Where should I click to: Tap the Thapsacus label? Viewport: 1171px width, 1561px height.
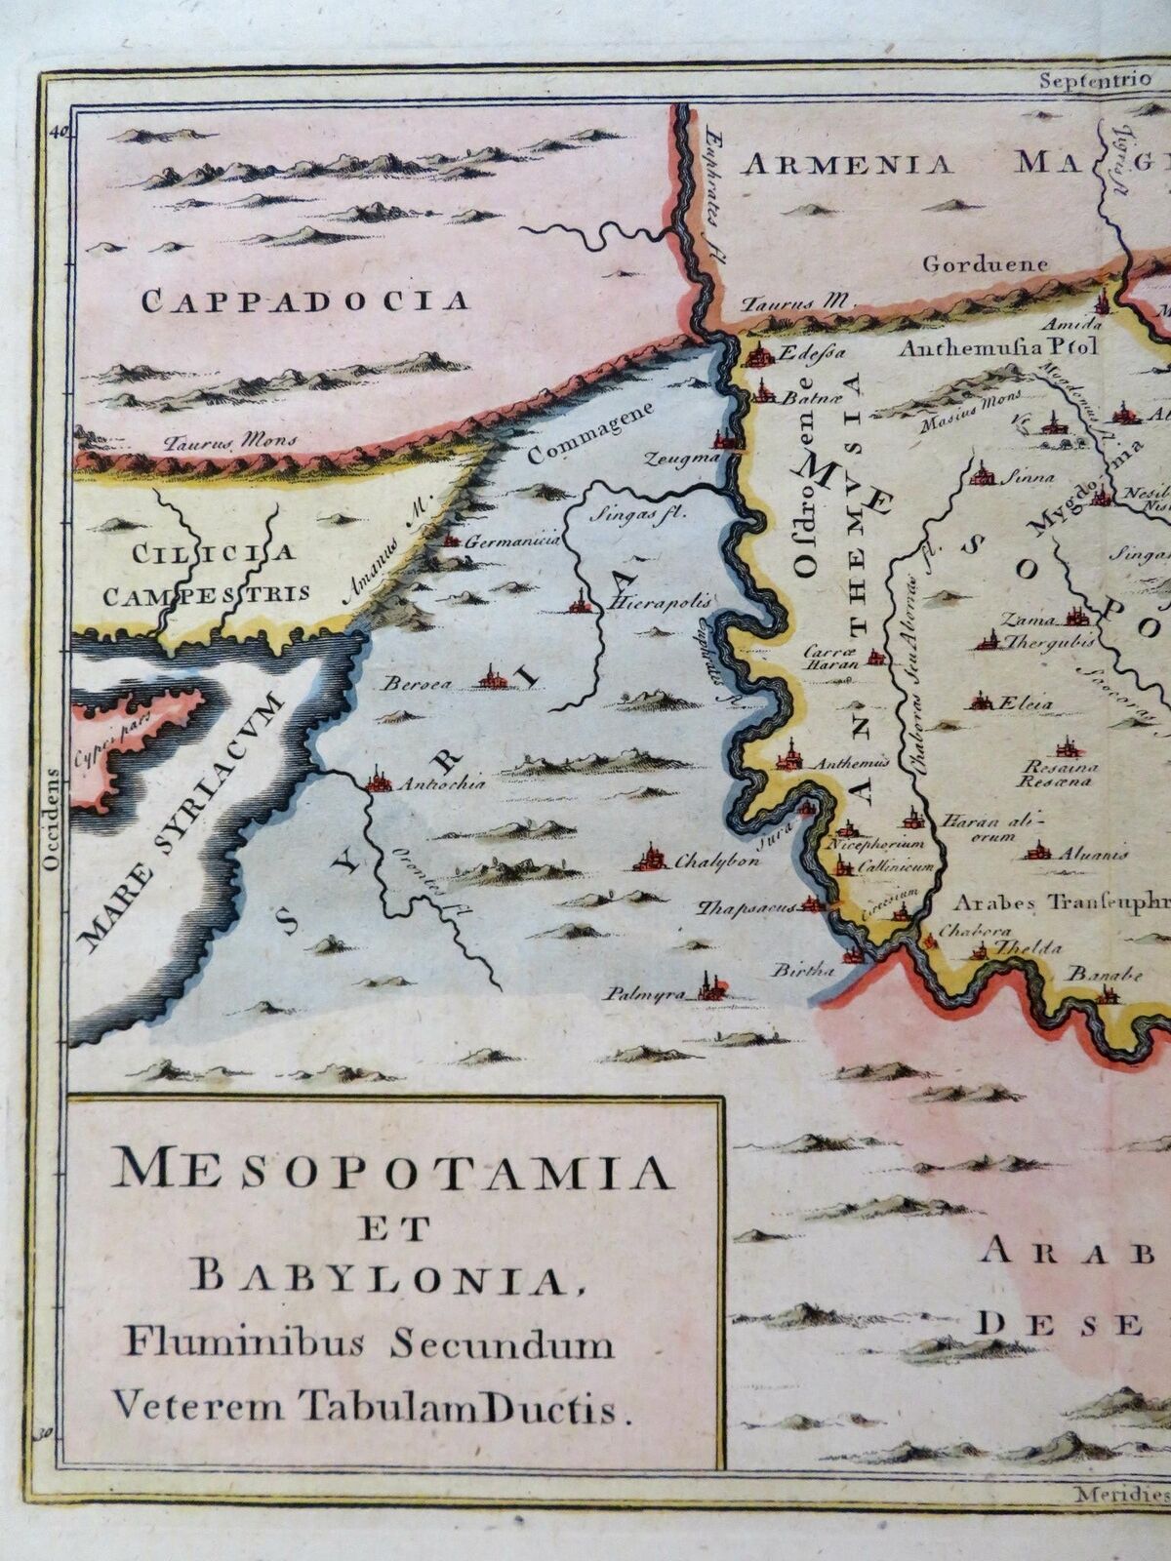click(744, 906)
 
